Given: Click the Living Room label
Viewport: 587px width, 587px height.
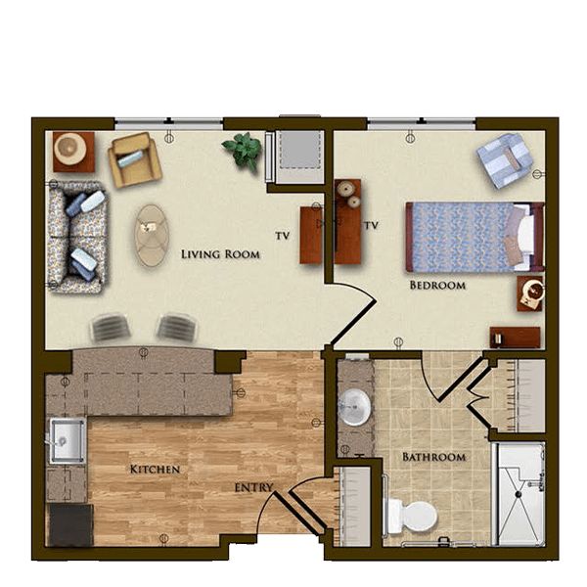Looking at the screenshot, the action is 220,254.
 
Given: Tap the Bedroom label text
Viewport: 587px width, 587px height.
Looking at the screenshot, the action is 437,286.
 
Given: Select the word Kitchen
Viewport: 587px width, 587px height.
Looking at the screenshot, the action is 155,469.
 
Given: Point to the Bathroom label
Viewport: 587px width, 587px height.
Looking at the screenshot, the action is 433,457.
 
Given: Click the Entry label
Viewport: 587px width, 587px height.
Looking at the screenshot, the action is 253,488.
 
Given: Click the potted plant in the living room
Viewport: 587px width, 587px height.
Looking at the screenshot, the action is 243,150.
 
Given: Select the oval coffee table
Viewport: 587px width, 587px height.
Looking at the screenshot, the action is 152,236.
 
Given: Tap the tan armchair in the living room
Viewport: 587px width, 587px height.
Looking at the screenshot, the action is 135,159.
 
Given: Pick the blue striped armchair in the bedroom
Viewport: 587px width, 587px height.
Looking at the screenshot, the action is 505,160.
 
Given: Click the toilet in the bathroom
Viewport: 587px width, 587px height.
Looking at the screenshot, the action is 413,517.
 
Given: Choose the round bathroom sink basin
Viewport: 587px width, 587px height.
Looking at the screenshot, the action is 354,407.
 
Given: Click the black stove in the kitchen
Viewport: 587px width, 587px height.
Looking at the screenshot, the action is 71,524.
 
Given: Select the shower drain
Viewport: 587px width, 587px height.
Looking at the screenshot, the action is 519,494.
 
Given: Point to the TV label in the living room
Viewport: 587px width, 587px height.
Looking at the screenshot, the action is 283,236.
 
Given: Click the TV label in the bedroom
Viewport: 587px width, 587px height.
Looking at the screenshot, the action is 372,225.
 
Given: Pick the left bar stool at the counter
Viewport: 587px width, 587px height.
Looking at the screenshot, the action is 110,328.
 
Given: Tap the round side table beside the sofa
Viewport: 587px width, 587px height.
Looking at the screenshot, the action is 73,152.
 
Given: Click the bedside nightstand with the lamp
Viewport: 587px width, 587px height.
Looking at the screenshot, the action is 529,293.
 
